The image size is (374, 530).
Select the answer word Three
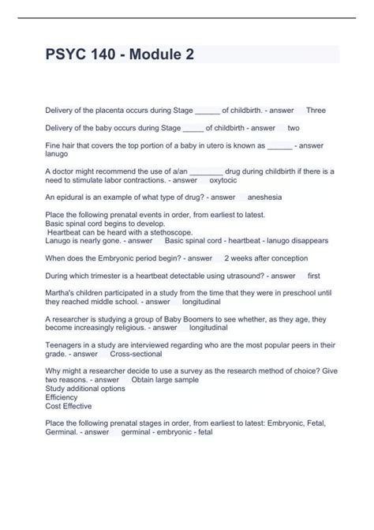point(316,110)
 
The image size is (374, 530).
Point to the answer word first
point(313,276)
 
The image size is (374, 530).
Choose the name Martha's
point(62,293)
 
